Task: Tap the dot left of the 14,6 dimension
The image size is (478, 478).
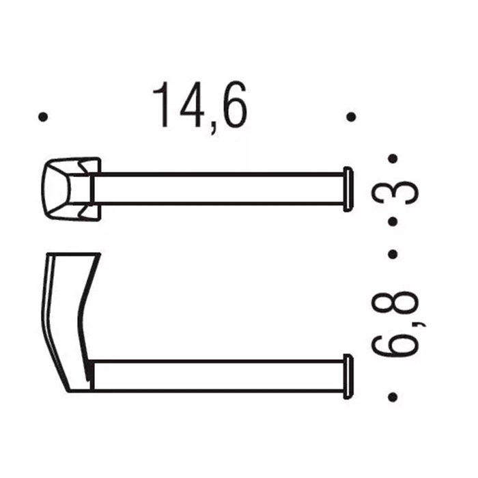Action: click(x=44, y=117)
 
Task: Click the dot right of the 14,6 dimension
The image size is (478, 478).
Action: click(x=351, y=117)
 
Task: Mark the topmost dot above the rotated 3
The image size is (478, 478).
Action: click(x=393, y=158)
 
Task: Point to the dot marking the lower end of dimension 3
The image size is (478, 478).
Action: click(x=393, y=223)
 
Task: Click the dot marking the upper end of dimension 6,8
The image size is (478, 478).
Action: click(x=393, y=254)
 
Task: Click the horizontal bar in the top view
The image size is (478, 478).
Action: click(x=219, y=188)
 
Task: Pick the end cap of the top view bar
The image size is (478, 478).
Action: click(x=348, y=188)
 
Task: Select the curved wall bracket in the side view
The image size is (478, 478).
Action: click(x=68, y=314)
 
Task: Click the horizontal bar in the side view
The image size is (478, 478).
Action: click(x=219, y=376)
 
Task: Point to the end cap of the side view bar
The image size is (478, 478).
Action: click(x=348, y=376)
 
